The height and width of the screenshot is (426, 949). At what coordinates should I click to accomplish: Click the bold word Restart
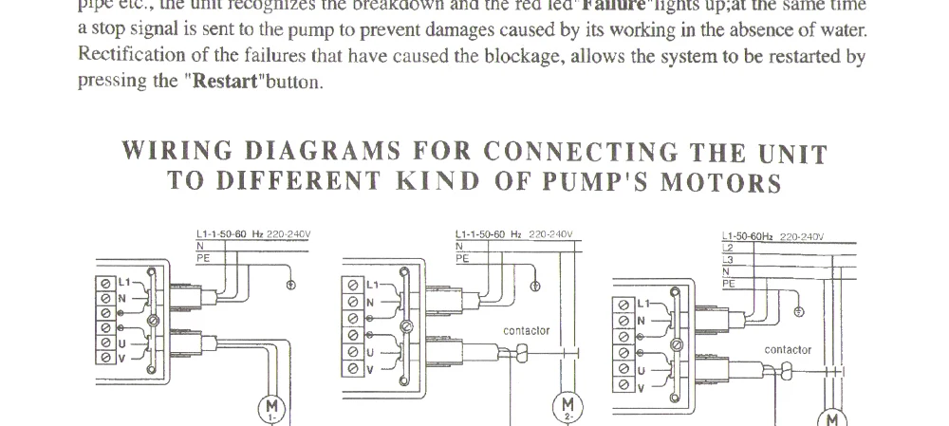226,81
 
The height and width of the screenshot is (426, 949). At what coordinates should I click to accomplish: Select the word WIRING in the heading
177,153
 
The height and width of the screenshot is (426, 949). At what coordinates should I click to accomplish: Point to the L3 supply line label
728,260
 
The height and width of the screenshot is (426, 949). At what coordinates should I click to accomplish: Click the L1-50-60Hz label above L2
748,237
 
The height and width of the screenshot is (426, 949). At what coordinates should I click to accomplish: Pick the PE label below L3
728,283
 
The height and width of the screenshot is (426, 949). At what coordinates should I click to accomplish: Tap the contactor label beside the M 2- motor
526,331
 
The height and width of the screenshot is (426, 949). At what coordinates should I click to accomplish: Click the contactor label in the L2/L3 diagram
788,350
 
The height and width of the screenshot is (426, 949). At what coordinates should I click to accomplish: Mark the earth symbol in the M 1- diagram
290,286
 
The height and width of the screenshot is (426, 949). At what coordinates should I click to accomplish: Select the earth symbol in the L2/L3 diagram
799,311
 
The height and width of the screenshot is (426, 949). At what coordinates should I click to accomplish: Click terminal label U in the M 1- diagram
123,343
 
